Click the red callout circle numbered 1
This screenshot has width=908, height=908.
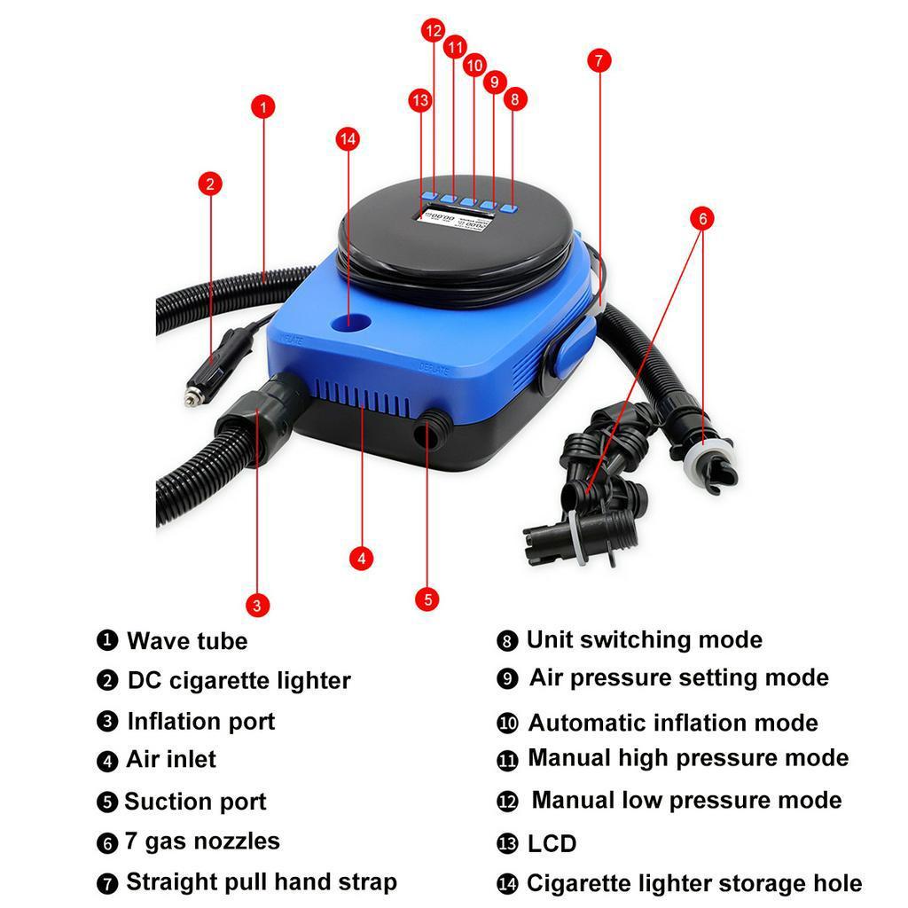tap(262, 107)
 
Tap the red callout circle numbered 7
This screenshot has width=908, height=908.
tap(599, 60)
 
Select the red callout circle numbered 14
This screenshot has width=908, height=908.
tap(348, 138)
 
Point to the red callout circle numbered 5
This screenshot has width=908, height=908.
tap(427, 599)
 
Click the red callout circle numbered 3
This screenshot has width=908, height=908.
tap(256, 606)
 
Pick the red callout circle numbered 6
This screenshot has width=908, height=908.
tap(702, 218)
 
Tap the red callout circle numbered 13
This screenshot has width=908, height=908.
tap(420, 100)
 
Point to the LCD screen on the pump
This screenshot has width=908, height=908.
tap(458, 217)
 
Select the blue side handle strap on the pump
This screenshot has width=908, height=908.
tap(566, 350)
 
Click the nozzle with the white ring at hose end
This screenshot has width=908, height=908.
tap(709, 458)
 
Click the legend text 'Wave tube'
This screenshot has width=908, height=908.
tap(187, 641)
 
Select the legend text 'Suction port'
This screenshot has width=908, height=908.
tap(195, 802)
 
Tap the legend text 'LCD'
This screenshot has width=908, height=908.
tap(552, 843)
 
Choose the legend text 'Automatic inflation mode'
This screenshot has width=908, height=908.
tap(673, 723)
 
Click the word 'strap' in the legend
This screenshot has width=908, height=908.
tap(364, 882)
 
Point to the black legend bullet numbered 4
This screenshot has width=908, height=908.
tap(107, 761)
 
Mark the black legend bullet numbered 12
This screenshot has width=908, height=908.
tap(507, 802)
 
